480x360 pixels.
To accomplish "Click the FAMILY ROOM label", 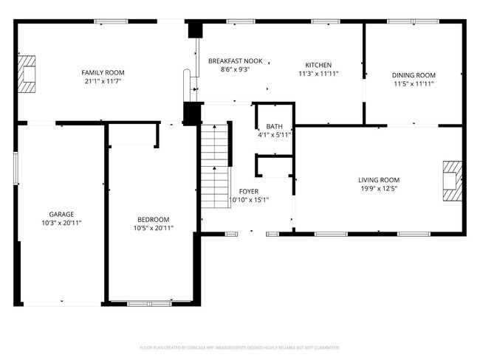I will pos(103,72).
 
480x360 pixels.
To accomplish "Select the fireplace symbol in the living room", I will pos(452,181).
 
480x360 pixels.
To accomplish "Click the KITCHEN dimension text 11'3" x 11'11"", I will pos(319,74).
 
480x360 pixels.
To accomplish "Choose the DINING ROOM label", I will pos(414,75).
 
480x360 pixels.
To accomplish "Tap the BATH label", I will pos(275,126).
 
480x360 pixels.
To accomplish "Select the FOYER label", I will pos(248,190).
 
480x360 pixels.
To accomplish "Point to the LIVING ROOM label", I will pos(379,180).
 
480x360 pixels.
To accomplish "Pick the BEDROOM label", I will pos(154,219).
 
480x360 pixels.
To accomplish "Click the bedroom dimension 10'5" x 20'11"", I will pos(154,228).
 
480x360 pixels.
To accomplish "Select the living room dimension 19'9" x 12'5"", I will pos(379,189).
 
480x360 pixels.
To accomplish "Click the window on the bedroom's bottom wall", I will pos(151,303).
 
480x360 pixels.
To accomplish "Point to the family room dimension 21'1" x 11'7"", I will pos(103,81).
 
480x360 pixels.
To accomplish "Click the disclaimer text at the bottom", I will pos(240,347).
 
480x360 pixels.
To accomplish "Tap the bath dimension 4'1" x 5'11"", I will pos(275,135).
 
